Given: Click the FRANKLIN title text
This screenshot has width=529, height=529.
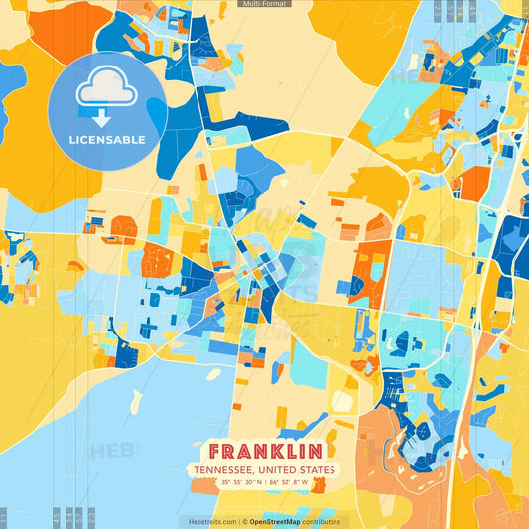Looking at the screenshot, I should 264,450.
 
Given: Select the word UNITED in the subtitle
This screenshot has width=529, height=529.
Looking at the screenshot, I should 279,470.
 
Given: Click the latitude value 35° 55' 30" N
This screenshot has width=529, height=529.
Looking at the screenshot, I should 241,483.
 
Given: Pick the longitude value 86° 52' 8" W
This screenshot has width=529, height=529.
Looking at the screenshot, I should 290,483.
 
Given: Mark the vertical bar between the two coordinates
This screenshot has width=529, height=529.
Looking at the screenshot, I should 265,483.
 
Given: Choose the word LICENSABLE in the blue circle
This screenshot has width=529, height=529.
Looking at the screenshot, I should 107,139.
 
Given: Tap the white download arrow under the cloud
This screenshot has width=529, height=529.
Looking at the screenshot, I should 107,117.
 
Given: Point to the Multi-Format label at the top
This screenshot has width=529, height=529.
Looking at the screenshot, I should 264,4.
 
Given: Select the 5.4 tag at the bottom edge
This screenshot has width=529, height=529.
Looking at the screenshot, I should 67,517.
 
